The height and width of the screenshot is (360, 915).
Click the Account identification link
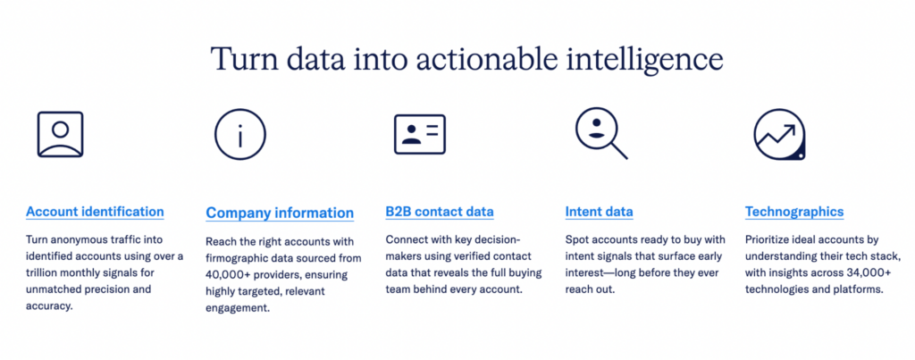(95, 212)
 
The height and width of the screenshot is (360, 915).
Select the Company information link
(280, 213)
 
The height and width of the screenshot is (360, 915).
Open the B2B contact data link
(439, 212)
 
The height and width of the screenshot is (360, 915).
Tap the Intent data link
(599, 212)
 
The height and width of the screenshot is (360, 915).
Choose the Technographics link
(793, 212)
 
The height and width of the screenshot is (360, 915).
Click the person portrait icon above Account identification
(60, 134)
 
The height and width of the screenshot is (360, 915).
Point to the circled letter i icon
(239, 135)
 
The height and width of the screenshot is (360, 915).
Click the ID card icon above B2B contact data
(419, 134)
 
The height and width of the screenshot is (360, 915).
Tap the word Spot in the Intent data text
(578, 240)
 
